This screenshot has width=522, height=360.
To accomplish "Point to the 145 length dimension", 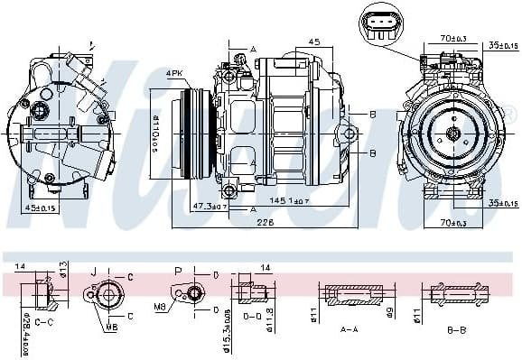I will [x=276, y=199].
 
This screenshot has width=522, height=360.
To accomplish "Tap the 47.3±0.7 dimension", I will [x=209, y=207].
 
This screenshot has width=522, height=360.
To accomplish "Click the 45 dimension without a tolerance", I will [x=313, y=42].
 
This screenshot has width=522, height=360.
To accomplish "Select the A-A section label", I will [x=348, y=330].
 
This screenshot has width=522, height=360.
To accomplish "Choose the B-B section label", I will [x=457, y=330].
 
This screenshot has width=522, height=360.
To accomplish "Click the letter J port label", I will [x=93, y=270].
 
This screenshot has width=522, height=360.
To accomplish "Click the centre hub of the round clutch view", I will [x=453, y=135].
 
